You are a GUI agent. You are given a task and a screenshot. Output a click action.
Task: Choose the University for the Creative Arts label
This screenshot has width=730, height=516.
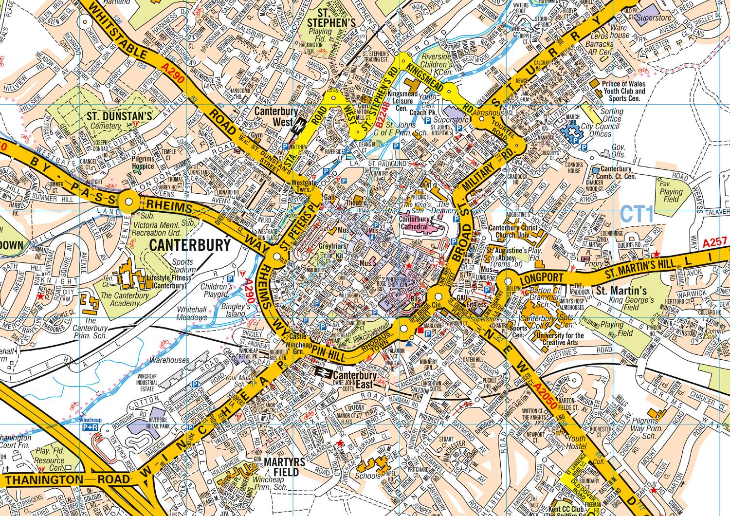click(560, 339)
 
